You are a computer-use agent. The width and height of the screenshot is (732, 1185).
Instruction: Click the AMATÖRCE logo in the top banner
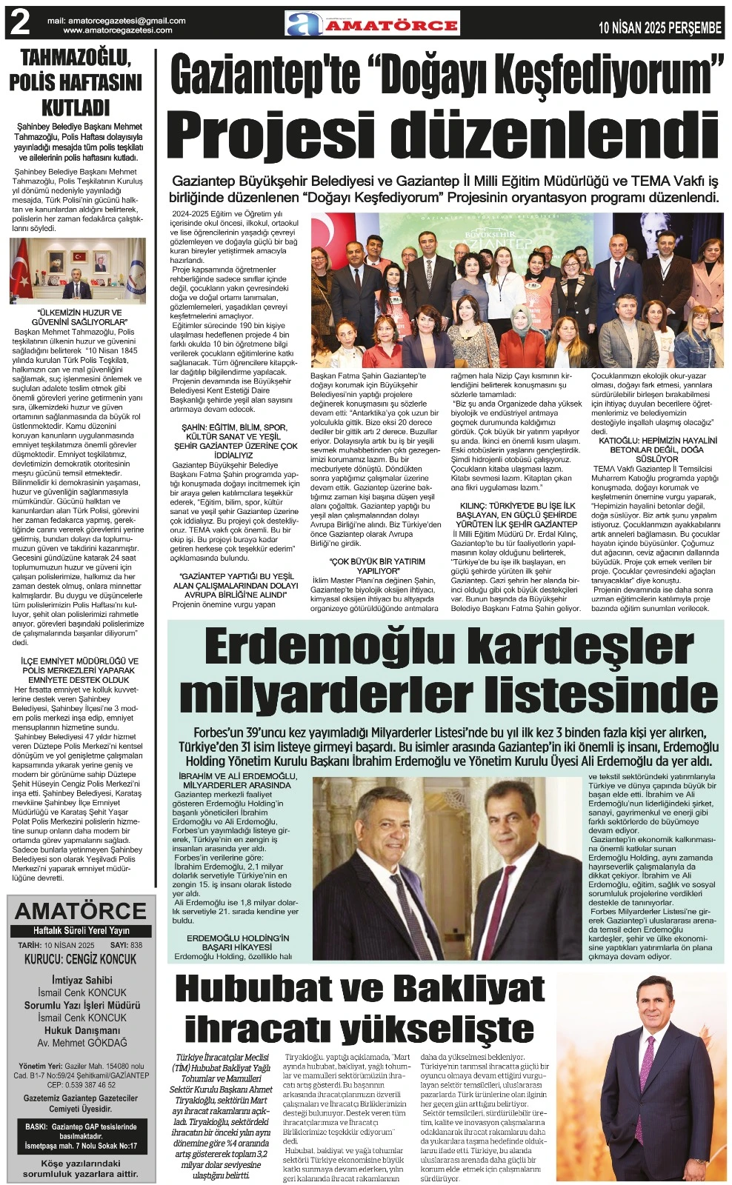(373, 24)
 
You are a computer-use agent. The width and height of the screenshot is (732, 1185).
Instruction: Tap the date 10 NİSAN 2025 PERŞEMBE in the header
(660, 28)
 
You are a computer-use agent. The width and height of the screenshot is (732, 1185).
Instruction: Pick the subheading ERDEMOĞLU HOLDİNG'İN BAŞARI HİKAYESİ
(238, 942)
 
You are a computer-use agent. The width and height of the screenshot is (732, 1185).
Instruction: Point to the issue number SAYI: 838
(125, 946)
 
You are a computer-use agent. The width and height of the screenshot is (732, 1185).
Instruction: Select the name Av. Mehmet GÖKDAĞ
(81, 1043)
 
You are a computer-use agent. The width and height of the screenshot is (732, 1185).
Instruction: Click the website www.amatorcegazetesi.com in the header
(118, 30)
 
